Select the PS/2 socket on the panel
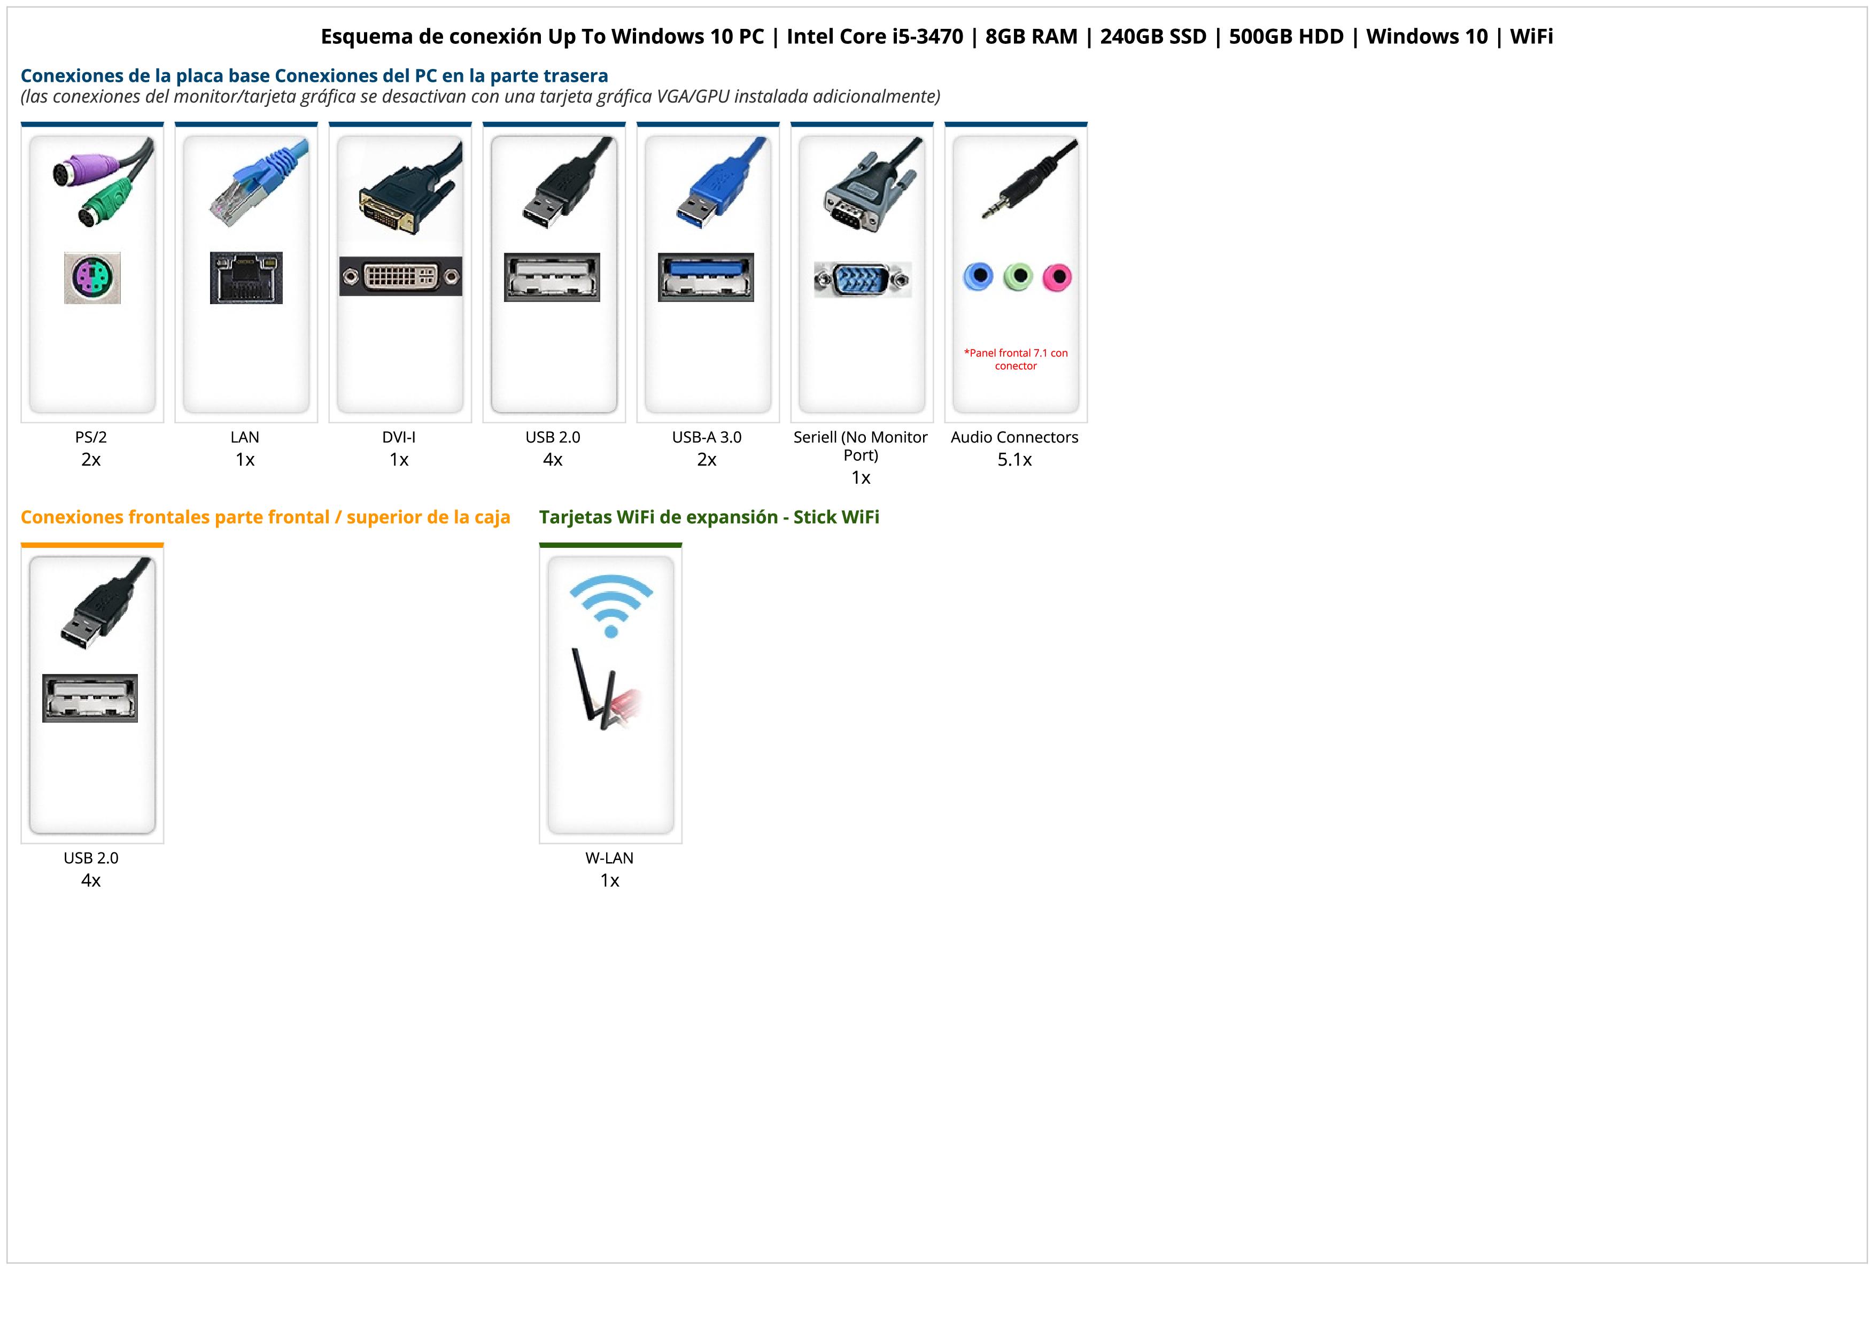[x=92, y=277]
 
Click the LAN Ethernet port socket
[x=246, y=277]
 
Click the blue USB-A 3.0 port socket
[x=707, y=277]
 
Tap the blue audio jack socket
[x=978, y=277]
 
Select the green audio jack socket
[x=1018, y=277]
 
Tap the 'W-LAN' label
[x=609, y=858]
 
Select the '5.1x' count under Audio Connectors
[x=1014, y=460]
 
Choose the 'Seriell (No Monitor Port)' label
[x=861, y=446]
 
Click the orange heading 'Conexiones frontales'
[x=266, y=517]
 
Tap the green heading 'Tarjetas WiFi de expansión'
[x=709, y=517]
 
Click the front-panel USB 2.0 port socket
[x=90, y=698]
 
